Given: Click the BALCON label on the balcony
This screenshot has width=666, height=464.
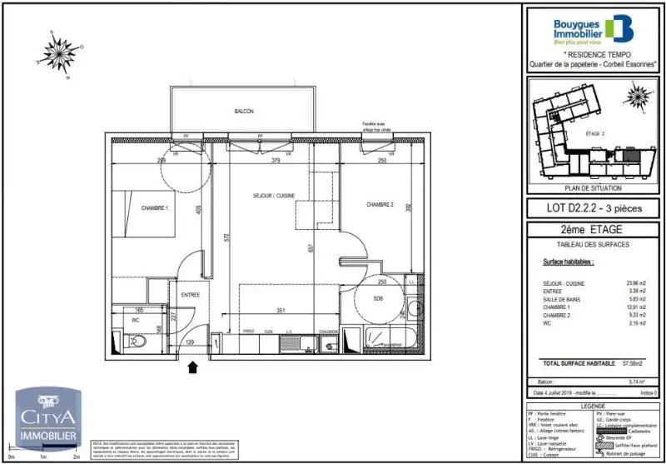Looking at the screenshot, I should [243, 112].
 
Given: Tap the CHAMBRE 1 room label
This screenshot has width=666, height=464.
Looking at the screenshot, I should [155, 207].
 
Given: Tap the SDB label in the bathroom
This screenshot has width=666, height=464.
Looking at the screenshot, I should [378, 298].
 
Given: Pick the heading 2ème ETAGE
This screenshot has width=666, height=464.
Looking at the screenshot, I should [593, 230].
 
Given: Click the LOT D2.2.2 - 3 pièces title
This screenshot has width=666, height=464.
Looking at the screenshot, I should [593, 208].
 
